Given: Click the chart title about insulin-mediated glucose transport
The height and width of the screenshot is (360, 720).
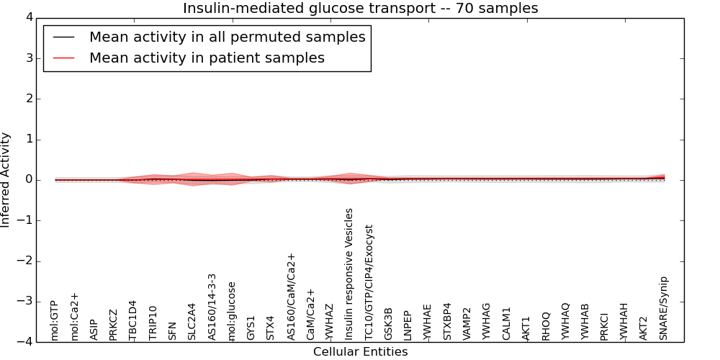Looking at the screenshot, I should (360, 8).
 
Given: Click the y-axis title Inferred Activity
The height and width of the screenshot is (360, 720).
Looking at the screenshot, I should (6, 180).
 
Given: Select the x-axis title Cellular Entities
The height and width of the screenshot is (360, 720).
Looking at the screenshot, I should (360, 352).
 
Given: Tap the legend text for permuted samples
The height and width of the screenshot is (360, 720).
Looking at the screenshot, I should (227, 37).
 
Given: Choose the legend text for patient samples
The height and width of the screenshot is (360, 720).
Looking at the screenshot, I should (207, 58).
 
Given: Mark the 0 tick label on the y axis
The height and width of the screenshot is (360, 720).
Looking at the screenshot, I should (29, 180).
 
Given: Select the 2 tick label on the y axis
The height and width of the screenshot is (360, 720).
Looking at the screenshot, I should (29, 99).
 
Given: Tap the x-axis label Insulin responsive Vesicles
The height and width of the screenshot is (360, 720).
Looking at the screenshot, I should (349, 274).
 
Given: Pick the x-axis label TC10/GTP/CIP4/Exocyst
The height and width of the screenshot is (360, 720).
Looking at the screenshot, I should (369, 282).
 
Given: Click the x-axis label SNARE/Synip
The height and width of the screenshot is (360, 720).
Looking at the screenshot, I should (664, 308).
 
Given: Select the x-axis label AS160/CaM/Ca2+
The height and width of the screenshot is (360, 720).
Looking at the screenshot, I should (291, 297).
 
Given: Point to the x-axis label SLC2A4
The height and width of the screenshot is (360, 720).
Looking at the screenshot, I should (192, 321).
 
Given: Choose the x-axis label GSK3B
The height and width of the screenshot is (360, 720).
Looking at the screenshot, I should (389, 324).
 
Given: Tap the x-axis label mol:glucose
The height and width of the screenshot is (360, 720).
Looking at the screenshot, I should (232, 310).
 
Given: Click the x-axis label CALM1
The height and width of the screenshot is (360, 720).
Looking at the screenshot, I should (506, 323).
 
